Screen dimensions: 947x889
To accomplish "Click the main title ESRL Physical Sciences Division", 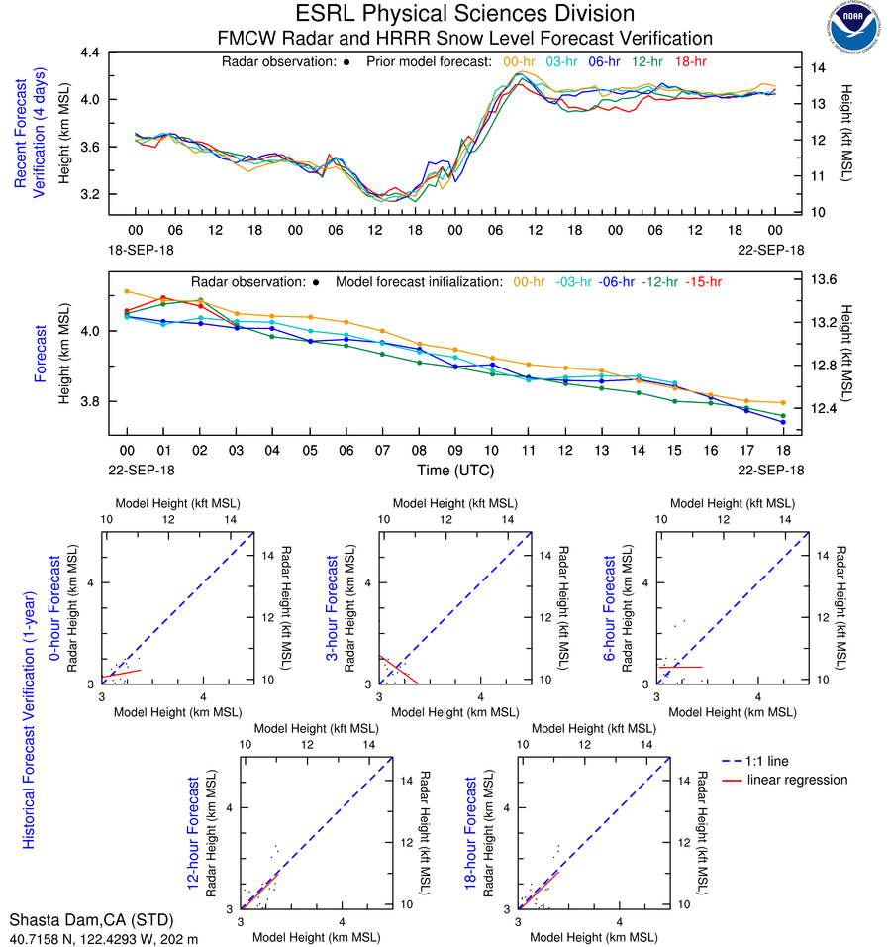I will pyautogui.click(x=464, y=14).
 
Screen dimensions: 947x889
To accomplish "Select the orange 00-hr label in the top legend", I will pyautogui.click(x=521, y=61).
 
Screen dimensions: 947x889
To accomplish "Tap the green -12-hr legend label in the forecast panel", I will pyautogui.click(x=659, y=282).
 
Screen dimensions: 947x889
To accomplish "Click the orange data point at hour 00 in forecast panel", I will pyautogui.click(x=127, y=291).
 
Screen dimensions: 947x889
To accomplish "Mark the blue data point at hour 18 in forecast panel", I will pyautogui.click(x=783, y=422).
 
